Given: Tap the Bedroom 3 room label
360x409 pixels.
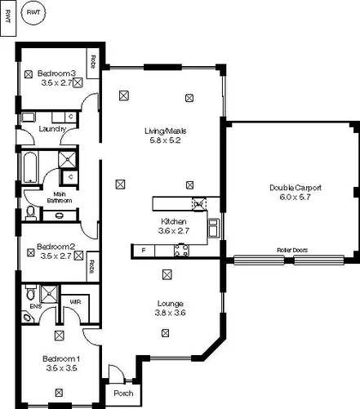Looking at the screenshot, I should pyautogui.click(x=56, y=74).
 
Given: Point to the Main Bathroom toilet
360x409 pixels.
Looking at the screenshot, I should pyautogui.click(x=31, y=213).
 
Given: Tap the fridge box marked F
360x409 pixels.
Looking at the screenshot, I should pyautogui.click(x=144, y=250).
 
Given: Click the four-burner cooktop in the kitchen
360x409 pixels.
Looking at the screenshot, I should pyautogui.click(x=181, y=250).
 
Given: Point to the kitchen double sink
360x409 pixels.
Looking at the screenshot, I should pyautogui.click(x=212, y=229).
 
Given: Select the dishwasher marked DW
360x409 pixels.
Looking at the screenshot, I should pyautogui.click(x=198, y=204).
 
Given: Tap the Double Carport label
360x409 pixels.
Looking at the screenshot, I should pyautogui.click(x=296, y=187).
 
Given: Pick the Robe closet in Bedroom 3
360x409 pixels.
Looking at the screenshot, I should pyautogui.click(x=93, y=62).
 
